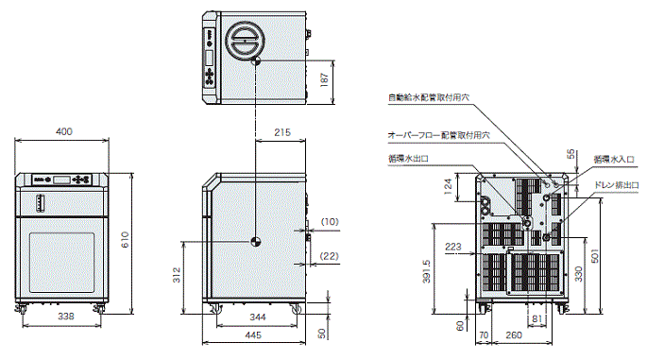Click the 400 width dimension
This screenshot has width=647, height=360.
tap(63, 131)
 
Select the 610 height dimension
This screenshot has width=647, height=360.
tap(126, 242)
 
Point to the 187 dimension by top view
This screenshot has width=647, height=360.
tap(326, 81)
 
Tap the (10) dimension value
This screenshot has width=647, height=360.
tap(329, 221)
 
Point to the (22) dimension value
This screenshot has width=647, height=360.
tap(329, 256)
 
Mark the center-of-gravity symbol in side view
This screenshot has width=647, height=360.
tap(254, 240)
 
